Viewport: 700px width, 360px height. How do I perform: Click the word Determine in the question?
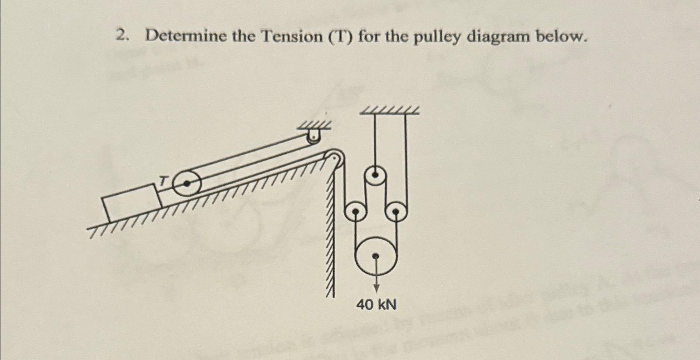tap(186, 37)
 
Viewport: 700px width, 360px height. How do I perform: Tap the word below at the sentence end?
tap(561, 37)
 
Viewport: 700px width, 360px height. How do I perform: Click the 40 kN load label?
tap(376, 305)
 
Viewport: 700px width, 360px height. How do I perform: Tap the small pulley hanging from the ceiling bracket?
tap(314, 138)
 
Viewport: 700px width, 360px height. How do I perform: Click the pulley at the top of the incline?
tap(334, 159)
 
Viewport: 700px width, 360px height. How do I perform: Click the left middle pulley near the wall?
tap(355, 211)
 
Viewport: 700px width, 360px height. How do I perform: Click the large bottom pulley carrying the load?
tap(376, 255)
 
